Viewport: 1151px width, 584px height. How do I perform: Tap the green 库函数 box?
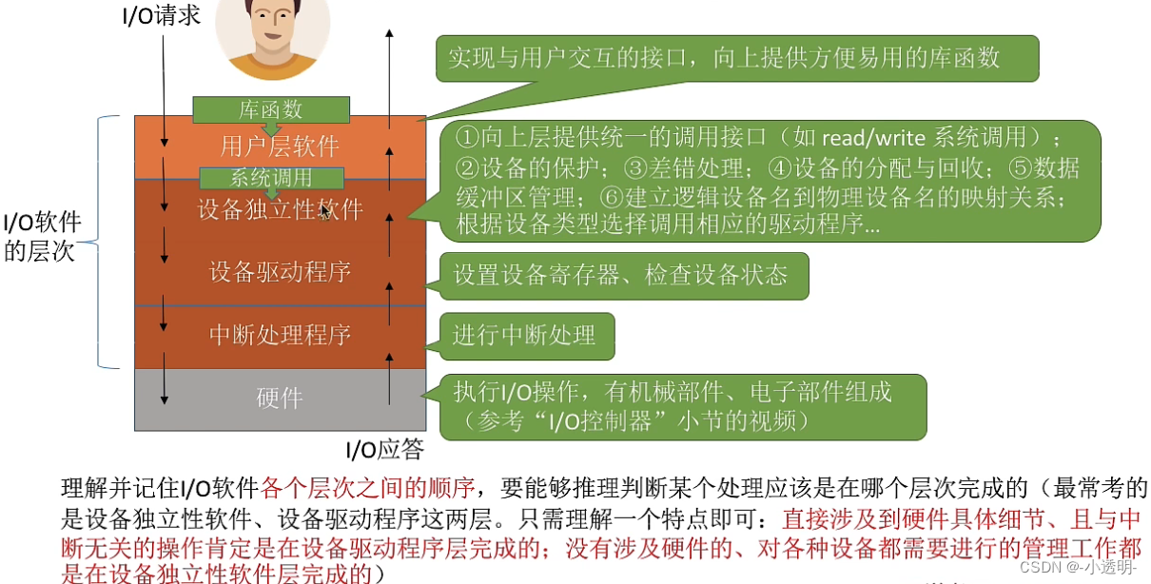pos(271,109)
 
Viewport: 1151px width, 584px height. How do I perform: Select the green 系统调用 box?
pos(271,177)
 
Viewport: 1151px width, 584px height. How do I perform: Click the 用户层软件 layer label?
pos(280,146)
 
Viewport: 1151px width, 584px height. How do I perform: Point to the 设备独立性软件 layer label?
pos(280,208)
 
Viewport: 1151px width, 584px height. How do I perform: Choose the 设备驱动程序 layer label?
pos(280,272)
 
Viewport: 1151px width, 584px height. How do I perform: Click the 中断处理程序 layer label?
pos(280,335)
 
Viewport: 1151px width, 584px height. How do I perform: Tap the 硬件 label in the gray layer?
pos(280,398)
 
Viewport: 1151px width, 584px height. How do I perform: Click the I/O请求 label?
pos(162,15)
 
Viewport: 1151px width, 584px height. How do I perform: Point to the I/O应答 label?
pos(384,449)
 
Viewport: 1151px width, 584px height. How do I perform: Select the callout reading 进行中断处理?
pos(523,335)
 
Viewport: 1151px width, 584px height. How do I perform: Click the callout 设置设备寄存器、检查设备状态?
pos(620,275)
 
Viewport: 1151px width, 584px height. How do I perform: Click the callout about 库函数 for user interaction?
pos(724,58)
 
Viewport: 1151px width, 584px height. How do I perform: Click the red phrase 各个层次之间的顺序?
pos(367,489)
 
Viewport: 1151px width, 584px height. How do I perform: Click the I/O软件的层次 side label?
pos(43,238)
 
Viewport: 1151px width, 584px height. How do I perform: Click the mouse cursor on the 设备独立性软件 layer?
pos(326,213)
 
